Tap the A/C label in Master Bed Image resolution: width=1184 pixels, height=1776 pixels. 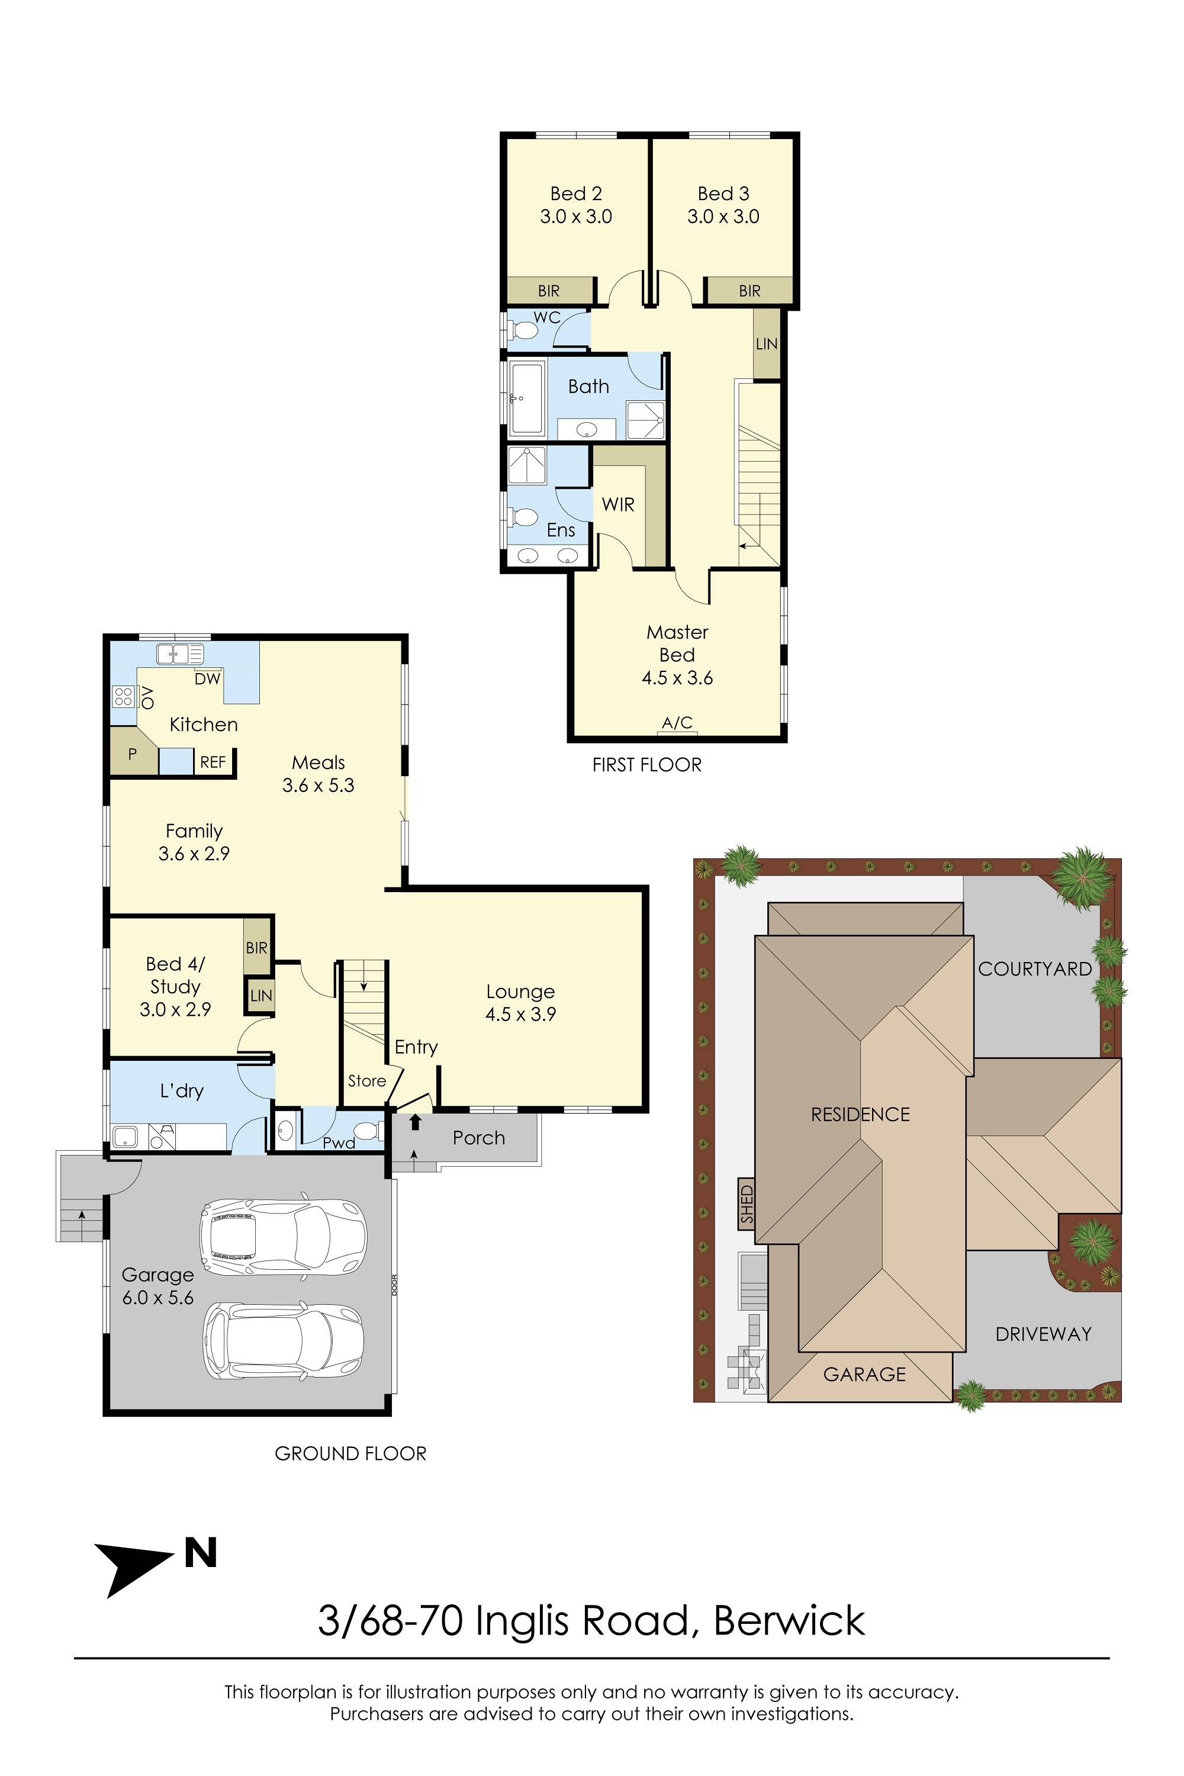(677, 723)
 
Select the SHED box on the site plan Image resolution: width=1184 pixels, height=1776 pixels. (746, 1204)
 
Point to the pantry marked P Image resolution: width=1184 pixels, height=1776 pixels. (132, 753)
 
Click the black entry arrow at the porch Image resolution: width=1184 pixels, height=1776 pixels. (414, 1123)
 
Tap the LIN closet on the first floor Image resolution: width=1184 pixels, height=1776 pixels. (767, 343)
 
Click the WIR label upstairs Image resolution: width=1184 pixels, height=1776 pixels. (617, 504)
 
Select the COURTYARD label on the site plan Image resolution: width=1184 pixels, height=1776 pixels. (1034, 969)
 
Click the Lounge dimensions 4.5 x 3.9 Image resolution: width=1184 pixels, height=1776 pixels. (520, 1014)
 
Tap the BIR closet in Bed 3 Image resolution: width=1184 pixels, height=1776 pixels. (749, 291)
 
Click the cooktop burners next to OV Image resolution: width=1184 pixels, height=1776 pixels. (123, 696)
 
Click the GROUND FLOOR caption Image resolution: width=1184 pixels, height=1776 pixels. (350, 1453)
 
